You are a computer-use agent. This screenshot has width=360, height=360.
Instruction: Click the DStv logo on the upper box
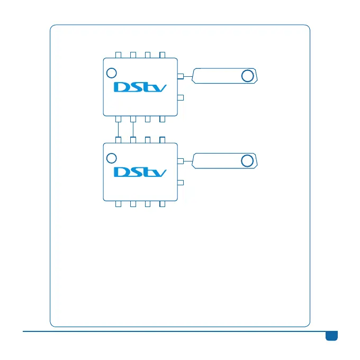pos(140,86)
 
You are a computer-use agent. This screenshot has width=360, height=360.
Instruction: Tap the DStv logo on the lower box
pos(140,172)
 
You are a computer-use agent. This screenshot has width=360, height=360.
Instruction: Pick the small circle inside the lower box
pos(111,158)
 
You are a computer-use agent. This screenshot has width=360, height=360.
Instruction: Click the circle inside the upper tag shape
pos(247,76)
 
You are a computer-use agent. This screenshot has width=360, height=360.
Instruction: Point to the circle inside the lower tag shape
pos(247,161)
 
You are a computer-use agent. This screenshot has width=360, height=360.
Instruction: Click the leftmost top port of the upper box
pos(119,54)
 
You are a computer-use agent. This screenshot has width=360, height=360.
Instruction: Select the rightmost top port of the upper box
pos(163,54)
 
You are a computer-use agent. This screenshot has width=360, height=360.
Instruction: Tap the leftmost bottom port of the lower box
pos(119,204)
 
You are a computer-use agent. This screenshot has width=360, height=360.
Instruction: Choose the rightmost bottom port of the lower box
pos(163,204)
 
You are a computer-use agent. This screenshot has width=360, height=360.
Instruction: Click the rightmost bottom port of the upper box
pos(163,119)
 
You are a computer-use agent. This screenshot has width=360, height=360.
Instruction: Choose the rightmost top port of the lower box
pos(163,139)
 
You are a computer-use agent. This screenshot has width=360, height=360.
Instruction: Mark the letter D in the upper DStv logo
pos(122,86)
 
